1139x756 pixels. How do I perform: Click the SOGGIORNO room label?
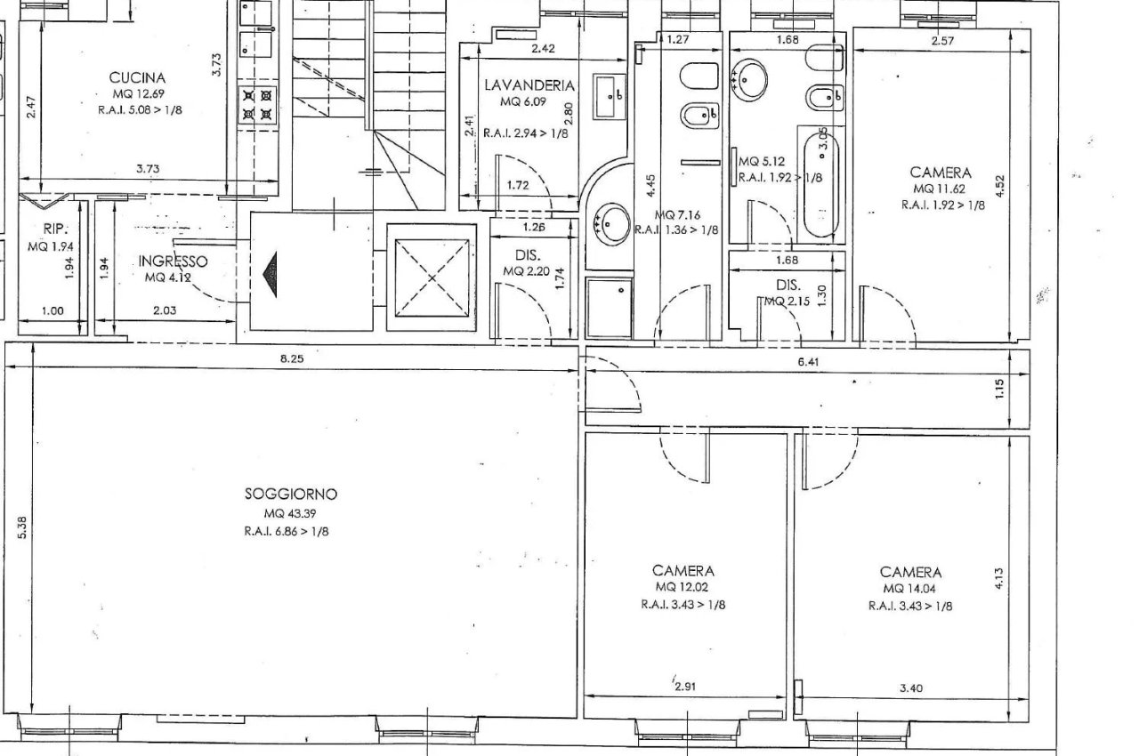(291, 494)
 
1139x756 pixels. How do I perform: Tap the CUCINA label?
(137, 77)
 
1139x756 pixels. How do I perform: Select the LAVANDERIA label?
(529, 84)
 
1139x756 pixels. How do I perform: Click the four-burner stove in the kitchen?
(257, 105)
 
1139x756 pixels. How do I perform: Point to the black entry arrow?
(270, 274)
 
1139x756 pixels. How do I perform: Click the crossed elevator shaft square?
(432, 277)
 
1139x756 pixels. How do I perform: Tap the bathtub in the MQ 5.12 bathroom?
(821, 182)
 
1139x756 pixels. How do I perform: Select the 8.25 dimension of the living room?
(292, 358)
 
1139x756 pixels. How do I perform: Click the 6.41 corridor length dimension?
(808, 362)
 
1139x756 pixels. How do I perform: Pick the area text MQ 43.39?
(290, 513)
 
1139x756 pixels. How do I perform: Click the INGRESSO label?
(173, 261)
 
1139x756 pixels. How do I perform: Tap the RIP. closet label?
(55, 229)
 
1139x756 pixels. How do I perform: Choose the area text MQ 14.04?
(910, 589)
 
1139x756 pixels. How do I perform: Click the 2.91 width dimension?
(684, 687)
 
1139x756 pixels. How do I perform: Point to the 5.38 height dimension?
(22, 527)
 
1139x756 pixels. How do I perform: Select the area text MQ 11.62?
(939, 189)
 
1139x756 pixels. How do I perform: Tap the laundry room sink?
(610, 96)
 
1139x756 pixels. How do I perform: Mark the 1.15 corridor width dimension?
(999, 389)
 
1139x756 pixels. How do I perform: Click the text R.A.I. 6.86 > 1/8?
(287, 532)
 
